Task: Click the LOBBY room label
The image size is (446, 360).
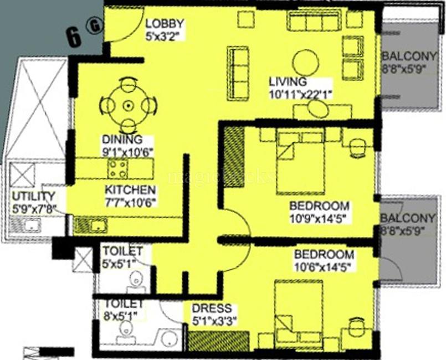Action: [x=165, y=24]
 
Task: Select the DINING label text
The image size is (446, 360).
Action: [x=121, y=140]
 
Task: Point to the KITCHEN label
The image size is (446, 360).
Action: [x=126, y=191]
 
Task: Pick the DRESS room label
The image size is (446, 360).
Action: [x=212, y=308]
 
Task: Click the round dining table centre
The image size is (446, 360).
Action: [x=129, y=105]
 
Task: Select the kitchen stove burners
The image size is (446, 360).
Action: [x=118, y=168]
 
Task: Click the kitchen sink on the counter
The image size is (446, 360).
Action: [x=97, y=225]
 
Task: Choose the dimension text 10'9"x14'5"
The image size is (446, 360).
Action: [x=320, y=219]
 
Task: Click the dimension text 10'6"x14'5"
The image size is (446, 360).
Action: [x=324, y=266]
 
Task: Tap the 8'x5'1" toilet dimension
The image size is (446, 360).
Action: [x=123, y=316]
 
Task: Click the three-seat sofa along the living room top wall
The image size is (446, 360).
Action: [x=313, y=22]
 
